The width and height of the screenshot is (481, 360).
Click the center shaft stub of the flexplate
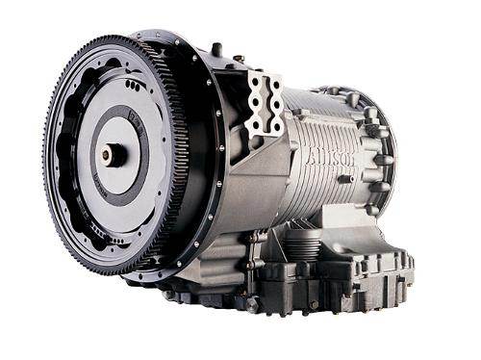[x=113, y=153]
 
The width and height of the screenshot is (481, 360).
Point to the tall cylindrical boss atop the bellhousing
[x=216, y=49]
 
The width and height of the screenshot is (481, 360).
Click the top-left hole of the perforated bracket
[x=255, y=82]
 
